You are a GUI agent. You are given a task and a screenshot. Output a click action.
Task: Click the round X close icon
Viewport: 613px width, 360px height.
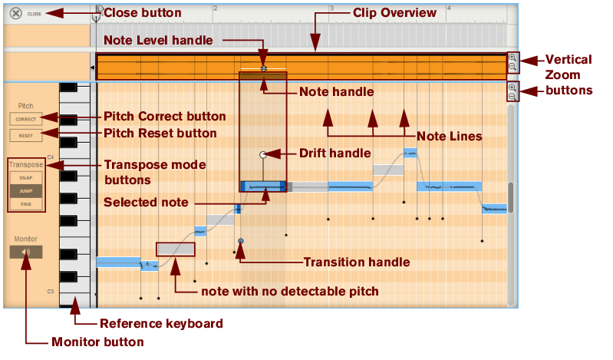15,13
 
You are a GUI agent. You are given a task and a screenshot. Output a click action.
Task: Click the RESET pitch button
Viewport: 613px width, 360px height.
26,135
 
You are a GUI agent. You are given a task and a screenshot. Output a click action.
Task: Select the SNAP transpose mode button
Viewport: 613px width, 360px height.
26,177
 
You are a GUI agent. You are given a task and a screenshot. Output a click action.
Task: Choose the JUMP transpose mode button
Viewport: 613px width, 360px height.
26,190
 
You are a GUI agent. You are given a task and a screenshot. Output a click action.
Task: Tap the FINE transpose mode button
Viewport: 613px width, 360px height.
26,204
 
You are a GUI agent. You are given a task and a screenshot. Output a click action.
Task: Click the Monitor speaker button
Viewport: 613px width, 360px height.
26,251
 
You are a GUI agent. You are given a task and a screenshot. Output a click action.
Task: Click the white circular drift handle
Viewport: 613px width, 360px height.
263,154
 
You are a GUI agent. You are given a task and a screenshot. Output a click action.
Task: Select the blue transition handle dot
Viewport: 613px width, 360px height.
241,241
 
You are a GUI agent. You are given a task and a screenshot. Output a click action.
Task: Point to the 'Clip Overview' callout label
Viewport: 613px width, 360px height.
394,13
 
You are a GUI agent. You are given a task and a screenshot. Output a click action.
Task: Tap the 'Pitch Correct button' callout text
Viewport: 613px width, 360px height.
164,117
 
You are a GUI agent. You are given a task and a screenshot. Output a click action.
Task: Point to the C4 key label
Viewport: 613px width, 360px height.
51,157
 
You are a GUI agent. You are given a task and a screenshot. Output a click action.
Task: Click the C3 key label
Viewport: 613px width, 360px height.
51,292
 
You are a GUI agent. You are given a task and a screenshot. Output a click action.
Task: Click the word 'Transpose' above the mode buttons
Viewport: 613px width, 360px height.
26,164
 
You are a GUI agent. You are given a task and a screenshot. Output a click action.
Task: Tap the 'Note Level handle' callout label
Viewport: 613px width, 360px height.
157,40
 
